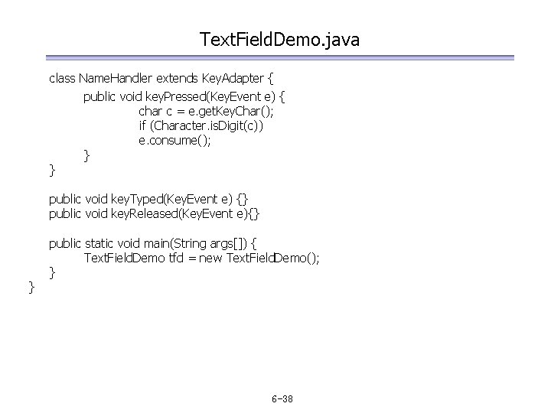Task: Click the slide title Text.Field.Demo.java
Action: coord(279,38)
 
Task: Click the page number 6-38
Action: coord(283,399)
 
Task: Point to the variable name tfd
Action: coord(177,258)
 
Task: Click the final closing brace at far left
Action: coord(31,287)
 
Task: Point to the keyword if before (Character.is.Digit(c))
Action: coord(142,126)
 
